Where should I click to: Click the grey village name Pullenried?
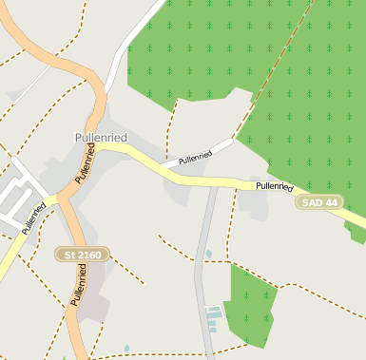pyautogui.click(x=101, y=138)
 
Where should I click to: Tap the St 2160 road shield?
pyautogui.click(x=83, y=255)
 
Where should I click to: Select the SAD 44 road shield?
pyautogui.click(x=318, y=202)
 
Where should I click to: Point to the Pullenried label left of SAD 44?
pyautogui.click(x=274, y=186)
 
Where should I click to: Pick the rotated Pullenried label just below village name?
pyautogui.click(x=85, y=162)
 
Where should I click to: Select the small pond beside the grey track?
pyautogui.click(x=209, y=254)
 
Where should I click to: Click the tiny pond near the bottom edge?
pyautogui.click(x=126, y=350)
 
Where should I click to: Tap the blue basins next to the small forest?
pyautogui.click(x=214, y=314)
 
